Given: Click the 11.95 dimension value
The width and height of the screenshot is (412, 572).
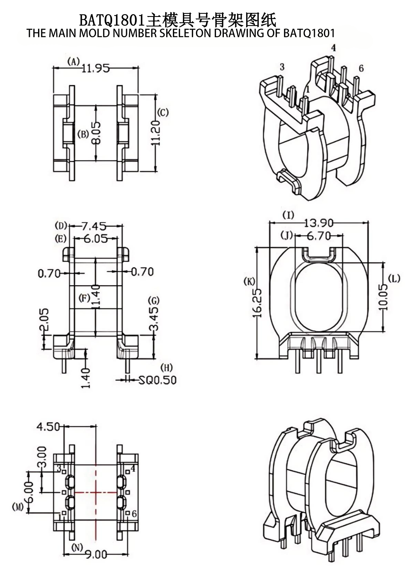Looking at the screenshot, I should [x=95, y=69].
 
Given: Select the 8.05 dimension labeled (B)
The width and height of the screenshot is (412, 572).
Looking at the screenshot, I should [x=97, y=133].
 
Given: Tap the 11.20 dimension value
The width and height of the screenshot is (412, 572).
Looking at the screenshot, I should [x=156, y=133].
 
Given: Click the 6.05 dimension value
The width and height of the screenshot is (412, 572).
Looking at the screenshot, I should [x=96, y=239].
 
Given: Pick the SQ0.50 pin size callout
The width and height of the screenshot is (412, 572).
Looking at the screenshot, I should [x=157, y=380].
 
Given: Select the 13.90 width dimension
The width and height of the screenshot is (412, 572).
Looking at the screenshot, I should [x=319, y=223].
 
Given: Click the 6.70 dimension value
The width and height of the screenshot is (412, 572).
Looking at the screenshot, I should [x=319, y=236].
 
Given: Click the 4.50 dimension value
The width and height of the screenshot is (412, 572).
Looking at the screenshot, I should [x=48, y=427].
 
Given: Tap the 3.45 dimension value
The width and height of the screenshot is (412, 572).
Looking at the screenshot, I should [x=154, y=318].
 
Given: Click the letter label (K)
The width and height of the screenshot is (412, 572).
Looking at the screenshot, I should [x=249, y=282].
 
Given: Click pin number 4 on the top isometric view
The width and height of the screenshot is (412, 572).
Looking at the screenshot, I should [x=333, y=48].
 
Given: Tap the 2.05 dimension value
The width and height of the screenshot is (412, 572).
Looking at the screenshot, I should [x=44, y=320].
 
